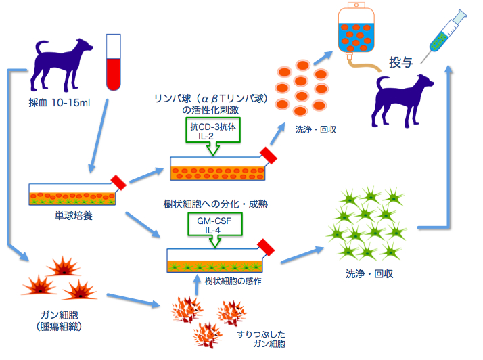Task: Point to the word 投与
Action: click(x=400, y=62)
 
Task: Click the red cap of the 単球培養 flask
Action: click(x=119, y=182)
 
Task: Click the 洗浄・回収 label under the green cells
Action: click(x=369, y=275)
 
